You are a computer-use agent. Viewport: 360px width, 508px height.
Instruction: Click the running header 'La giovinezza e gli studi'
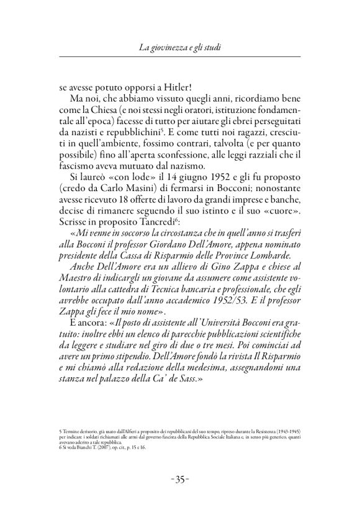click(x=179, y=48)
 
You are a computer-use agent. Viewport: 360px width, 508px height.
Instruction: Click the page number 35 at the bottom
click(x=180, y=479)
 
